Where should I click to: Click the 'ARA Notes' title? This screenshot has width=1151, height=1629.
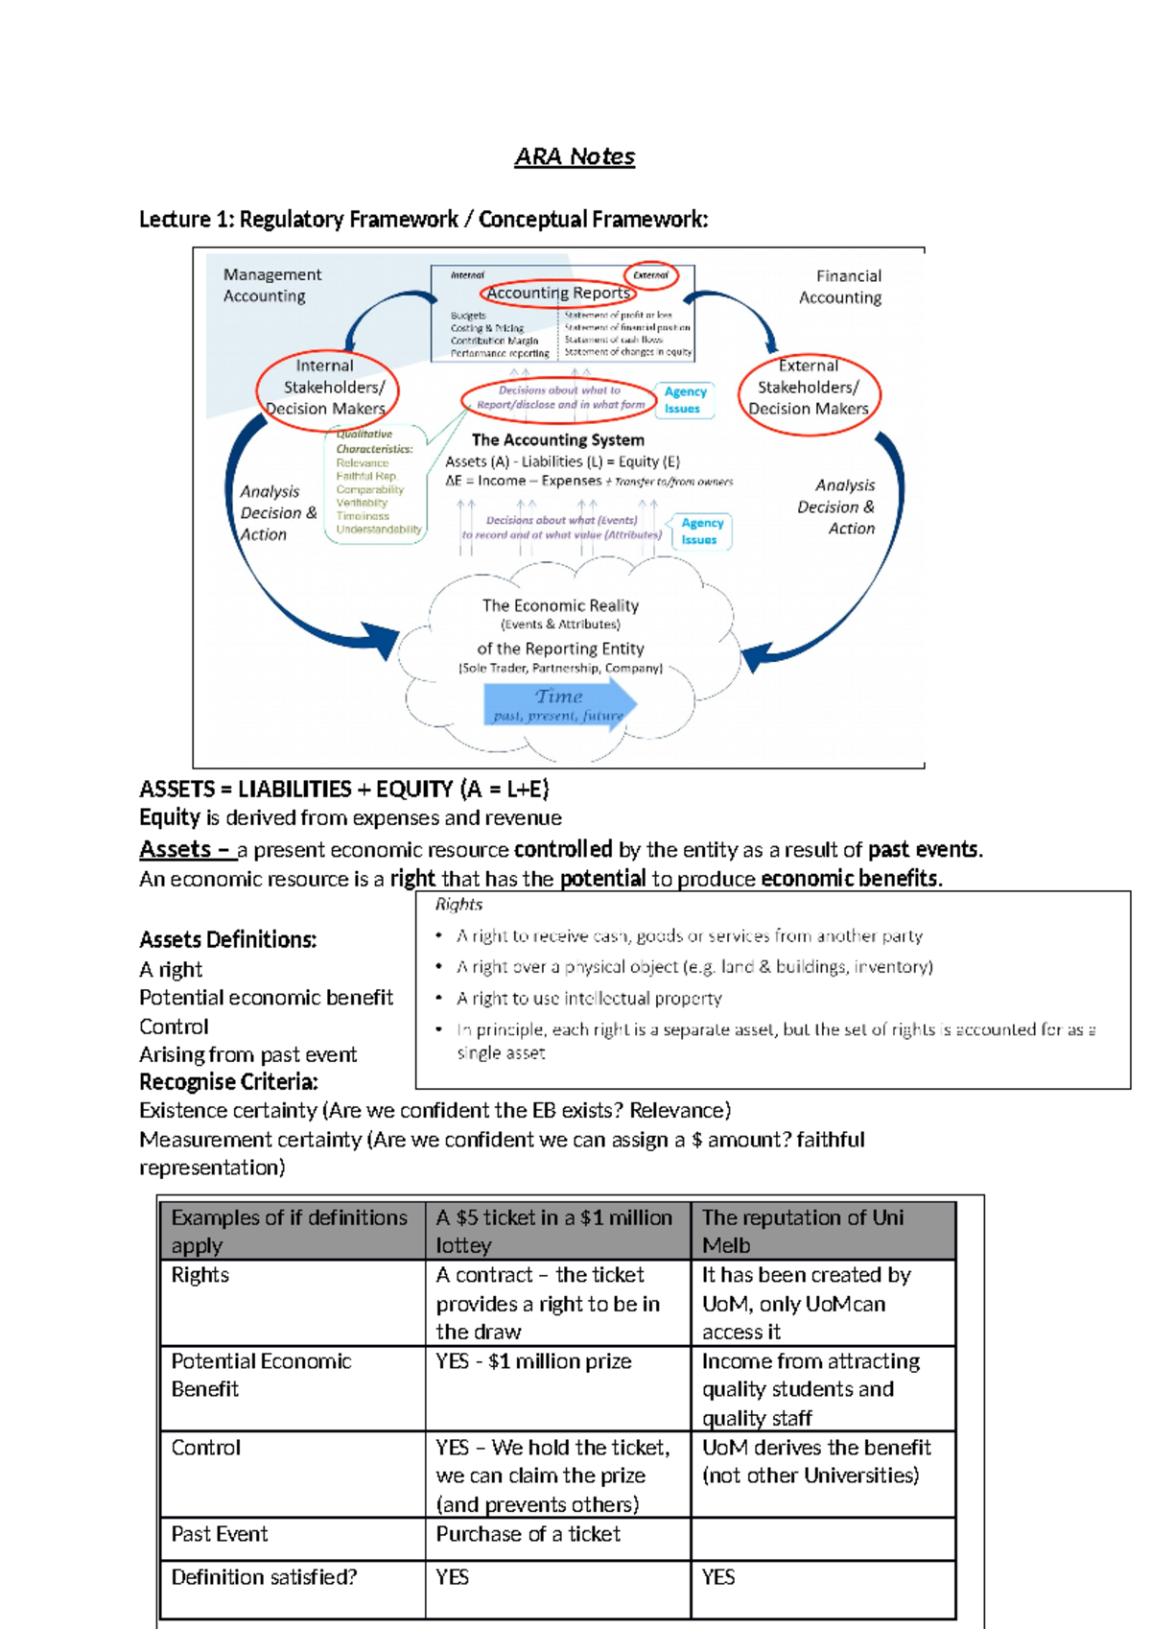click(575, 156)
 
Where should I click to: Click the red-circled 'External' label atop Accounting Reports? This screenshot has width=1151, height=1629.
click(650, 275)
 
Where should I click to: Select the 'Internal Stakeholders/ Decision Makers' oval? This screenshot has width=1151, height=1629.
click(326, 388)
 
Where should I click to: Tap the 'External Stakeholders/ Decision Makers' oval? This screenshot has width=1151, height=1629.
click(809, 388)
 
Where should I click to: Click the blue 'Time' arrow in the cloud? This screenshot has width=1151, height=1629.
click(559, 705)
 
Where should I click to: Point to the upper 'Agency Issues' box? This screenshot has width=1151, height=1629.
click(685, 400)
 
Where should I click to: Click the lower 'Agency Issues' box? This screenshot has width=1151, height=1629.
click(701, 531)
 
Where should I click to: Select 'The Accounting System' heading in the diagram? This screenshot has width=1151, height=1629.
click(557, 440)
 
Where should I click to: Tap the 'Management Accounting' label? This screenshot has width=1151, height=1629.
click(271, 285)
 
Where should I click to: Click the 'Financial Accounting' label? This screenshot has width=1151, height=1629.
click(841, 287)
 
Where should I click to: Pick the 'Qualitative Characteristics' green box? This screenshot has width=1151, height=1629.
click(375, 484)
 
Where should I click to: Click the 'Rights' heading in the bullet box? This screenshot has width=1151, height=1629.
click(458, 905)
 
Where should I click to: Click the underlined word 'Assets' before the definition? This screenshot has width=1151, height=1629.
click(176, 850)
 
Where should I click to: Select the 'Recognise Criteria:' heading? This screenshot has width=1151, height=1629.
click(228, 1082)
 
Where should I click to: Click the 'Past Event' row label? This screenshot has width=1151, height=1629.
click(220, 1534)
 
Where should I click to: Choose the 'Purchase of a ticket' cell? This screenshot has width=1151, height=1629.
click(528, 1534)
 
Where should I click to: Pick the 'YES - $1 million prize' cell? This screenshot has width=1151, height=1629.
click(533, 1361)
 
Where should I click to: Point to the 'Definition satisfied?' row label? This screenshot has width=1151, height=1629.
click(264, 1577)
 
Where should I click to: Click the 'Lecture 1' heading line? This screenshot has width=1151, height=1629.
click(423, 220)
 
